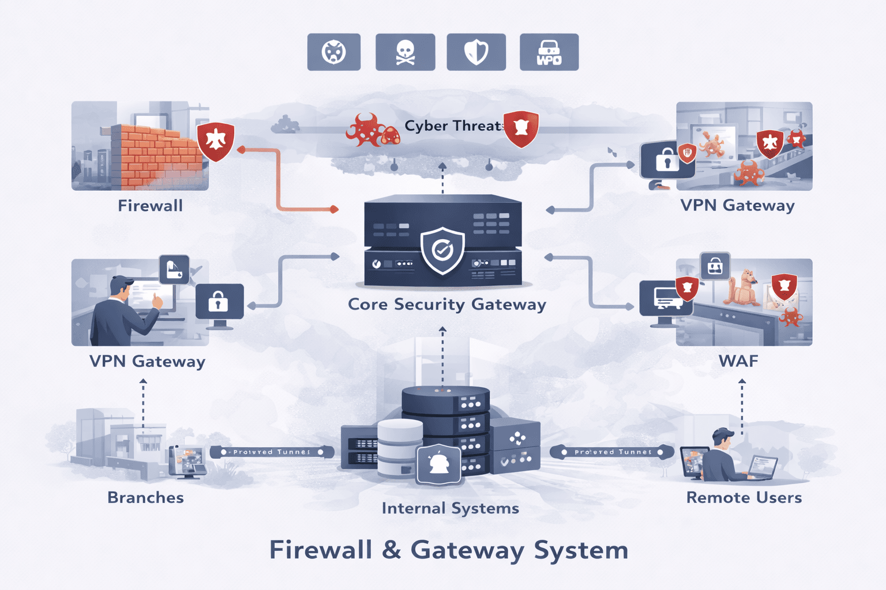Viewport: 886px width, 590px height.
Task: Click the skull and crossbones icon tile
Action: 405,52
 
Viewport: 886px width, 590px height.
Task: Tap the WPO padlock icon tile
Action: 549,52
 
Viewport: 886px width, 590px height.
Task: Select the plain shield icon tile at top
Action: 476,52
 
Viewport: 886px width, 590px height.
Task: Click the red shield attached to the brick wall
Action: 215,140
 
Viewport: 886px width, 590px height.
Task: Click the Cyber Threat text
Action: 453,126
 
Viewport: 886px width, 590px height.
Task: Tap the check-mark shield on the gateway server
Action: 442,250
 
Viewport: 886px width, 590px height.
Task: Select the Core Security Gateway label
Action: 446,304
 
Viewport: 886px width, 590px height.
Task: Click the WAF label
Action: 738,361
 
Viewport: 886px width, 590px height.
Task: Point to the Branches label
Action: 145,497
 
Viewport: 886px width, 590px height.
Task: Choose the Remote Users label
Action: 744,497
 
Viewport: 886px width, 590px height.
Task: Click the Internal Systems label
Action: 450,508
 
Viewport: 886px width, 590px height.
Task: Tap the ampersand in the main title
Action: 391,550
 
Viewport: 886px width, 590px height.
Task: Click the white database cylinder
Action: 400,447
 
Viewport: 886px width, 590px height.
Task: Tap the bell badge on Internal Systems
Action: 438,463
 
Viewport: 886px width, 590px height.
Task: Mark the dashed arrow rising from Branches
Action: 144,403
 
